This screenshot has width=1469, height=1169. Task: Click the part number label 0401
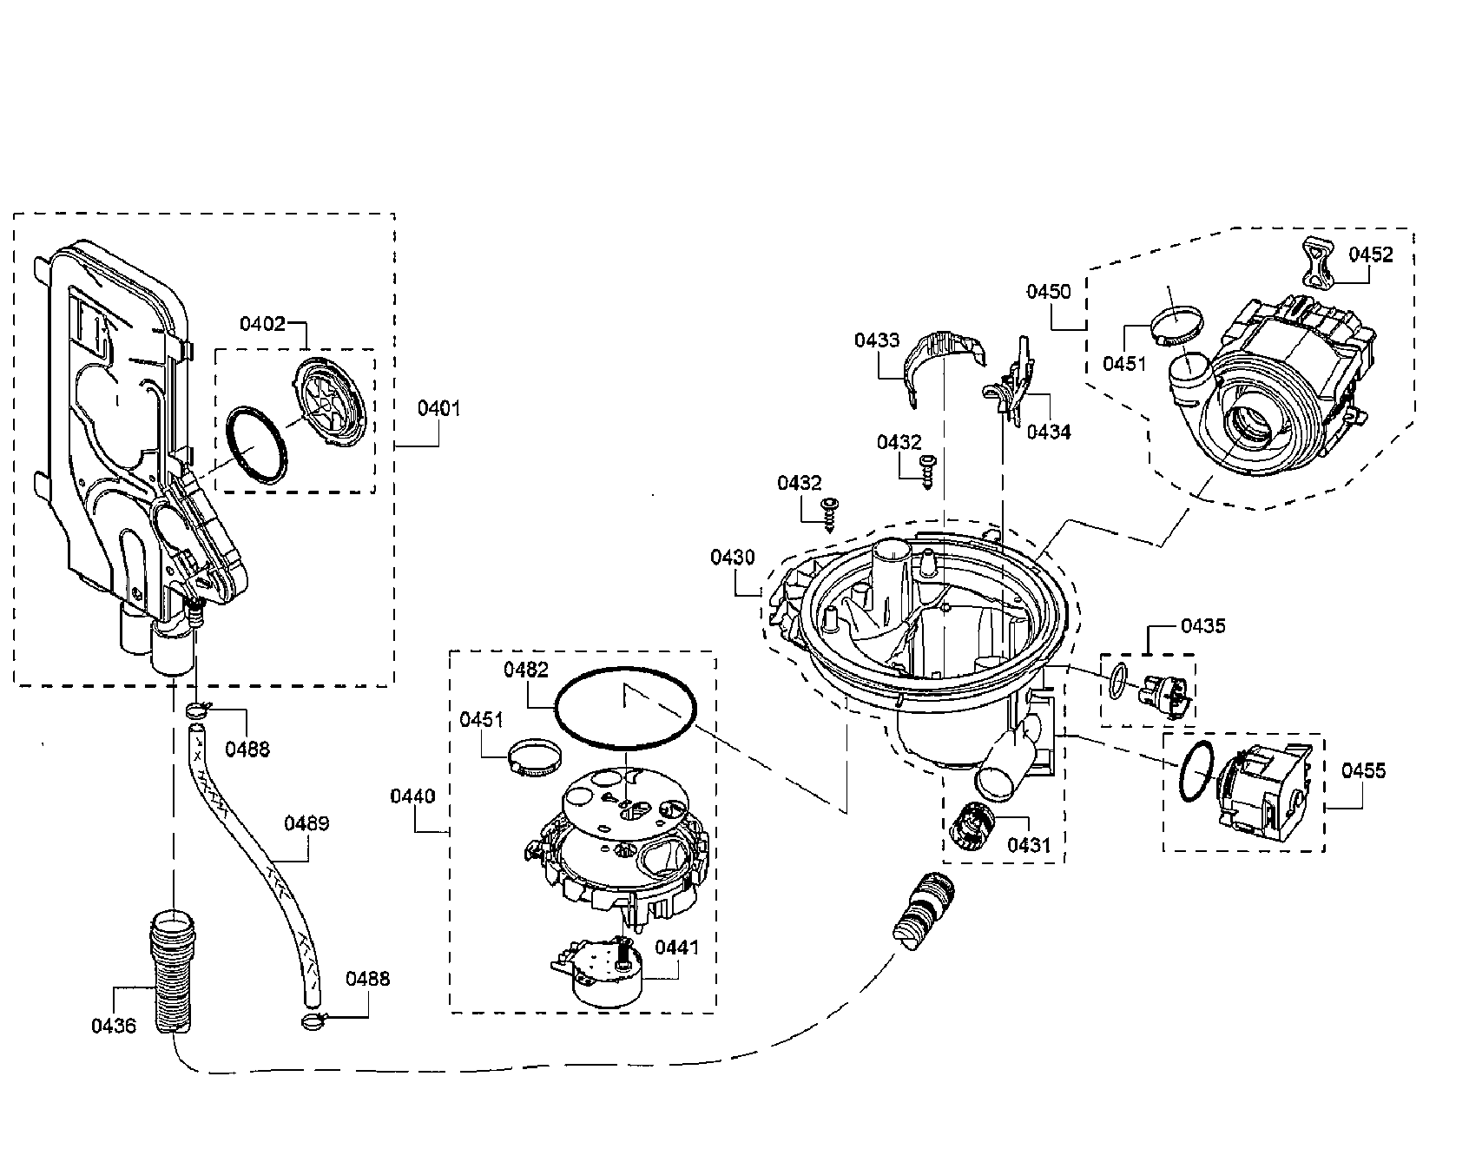(438, 407)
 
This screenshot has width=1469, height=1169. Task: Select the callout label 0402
(262, 324)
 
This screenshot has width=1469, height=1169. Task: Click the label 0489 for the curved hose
(306, 822)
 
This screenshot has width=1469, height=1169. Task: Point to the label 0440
(413, 796)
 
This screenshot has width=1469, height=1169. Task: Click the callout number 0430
(732, 558)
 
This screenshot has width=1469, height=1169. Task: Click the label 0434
(1048, 431)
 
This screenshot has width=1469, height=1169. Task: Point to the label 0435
(1202, 625)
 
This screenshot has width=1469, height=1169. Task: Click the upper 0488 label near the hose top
(247, 748)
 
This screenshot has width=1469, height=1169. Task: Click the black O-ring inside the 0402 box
(256, 443)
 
